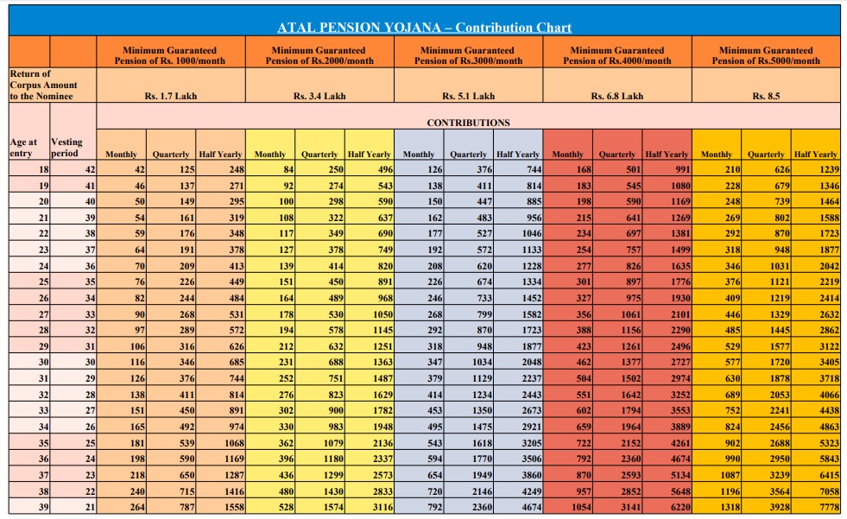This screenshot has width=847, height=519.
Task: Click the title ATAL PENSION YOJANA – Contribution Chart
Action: point(424,28)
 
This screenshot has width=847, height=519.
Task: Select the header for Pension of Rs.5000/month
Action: point(766,56)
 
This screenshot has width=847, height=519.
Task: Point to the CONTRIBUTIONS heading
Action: point(468,123)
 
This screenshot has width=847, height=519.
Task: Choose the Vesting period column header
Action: point(66,148)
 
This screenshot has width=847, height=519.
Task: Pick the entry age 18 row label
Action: point(44,170)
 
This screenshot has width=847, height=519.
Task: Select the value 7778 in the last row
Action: point(828,508)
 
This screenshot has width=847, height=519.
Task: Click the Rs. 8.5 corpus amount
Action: point(766,96)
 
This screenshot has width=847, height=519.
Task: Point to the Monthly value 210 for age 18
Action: point(731,170)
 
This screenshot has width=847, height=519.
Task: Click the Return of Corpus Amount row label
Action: point(43,85)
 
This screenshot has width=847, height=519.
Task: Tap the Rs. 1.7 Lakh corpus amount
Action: point(171,96)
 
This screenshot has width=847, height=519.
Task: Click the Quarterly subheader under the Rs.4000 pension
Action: point(617,155)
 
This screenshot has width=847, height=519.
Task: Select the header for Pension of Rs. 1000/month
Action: point(170,56)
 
